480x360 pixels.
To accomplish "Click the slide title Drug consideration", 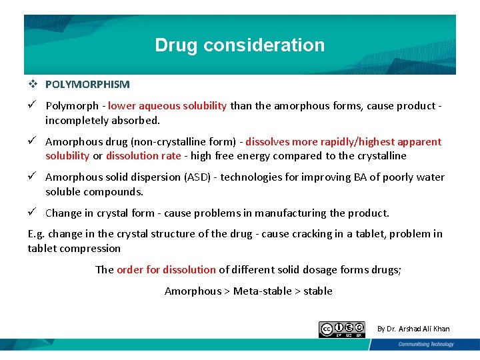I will point(240,45).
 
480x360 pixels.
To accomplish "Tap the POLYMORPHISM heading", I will point(87,85).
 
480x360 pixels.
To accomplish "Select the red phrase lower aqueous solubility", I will point(167,105).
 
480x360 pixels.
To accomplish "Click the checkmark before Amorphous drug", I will point(32,141).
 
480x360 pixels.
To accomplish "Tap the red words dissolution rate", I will point(143,156).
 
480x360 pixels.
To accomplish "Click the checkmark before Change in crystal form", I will point(32,213).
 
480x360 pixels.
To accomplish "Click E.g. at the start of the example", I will point(36,234).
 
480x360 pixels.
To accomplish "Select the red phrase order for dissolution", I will point(166,269).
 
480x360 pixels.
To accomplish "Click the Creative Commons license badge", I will point(342,329).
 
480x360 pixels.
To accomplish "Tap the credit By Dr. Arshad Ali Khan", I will point(413,329).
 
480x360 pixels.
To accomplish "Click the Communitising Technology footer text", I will point(425,344).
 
